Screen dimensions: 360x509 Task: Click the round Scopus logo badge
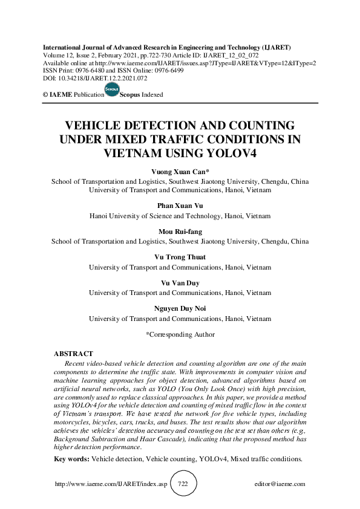(111, 89)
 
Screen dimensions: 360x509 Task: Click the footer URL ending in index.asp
(110, 484)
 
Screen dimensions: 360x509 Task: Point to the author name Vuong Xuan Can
(180, 172)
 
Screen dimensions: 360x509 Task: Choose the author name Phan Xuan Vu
(180, 206)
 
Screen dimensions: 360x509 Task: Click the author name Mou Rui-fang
(180, 232)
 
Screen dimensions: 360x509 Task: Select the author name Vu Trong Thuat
(180, 257)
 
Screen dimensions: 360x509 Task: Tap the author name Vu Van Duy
(180, 283)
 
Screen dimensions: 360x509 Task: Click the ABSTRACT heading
(73, 354)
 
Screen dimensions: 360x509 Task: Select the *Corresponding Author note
(180, 334)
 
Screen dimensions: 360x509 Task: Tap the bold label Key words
(71, 459)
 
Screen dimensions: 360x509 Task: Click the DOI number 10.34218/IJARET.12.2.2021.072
(100, 78)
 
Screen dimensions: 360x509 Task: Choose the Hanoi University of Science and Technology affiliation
(180, 215)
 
